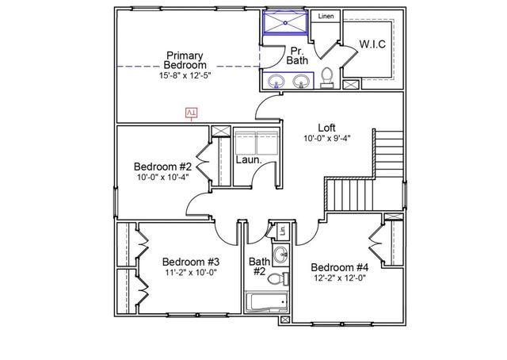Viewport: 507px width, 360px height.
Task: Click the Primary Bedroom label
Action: point(185,59)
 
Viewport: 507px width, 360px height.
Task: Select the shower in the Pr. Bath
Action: point(284,23)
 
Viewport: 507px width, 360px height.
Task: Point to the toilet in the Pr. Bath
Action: point(326,78)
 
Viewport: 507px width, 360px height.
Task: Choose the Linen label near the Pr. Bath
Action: point(325,17)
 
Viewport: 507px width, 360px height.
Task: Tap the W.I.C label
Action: point(372,44)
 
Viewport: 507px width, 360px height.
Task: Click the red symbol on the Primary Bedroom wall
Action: point(191,113)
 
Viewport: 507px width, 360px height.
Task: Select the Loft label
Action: point(326,127)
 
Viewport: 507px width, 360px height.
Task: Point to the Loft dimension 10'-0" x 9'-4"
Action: point(326,138)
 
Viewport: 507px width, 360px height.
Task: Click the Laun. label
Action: point(248,159)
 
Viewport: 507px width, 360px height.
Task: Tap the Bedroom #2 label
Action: point(162,167)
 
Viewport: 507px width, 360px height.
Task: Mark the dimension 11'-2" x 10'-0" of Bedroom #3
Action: point(191,272)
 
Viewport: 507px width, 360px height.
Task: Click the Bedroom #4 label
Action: point(339,266)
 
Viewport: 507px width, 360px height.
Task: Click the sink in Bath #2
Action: point(281,255)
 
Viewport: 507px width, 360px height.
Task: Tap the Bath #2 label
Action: point(258,266)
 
